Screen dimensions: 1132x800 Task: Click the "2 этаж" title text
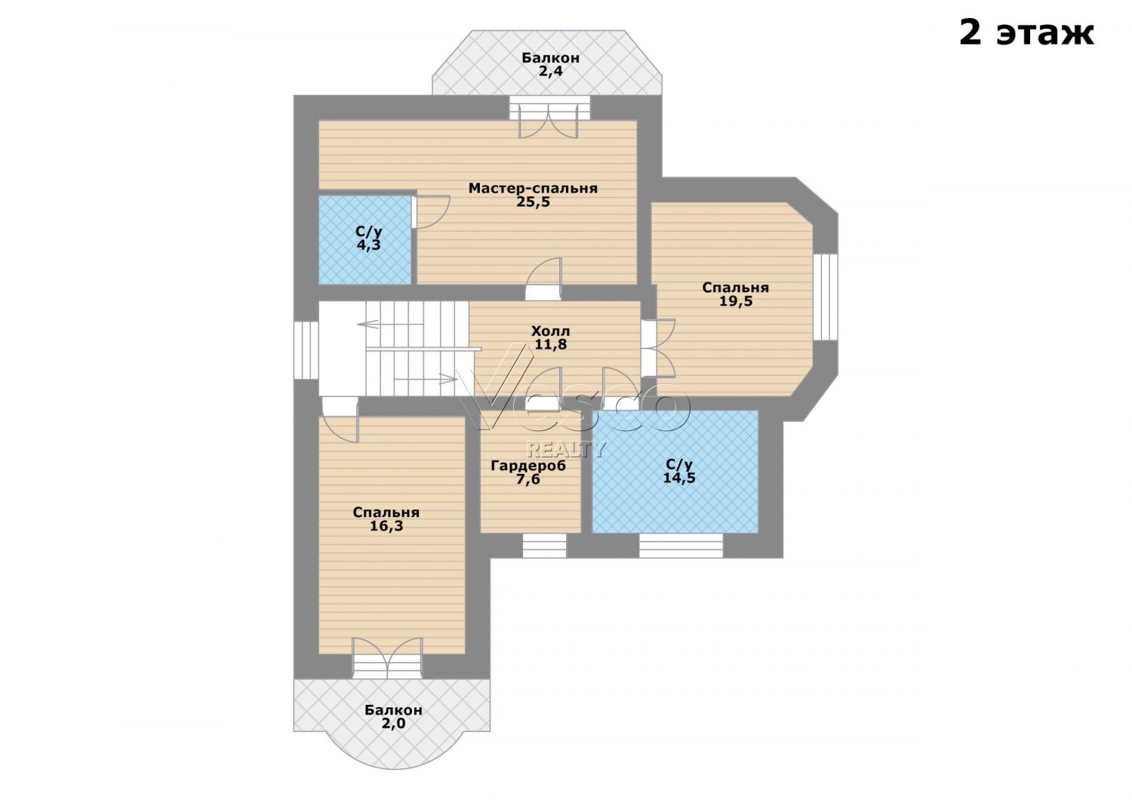pyautogui.click(x=1026, y=34)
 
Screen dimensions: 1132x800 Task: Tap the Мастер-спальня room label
pyautogui.click(x=533, y=189)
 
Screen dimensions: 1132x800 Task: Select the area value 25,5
pyautogui.click(x=533, y=202)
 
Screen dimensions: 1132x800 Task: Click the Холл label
pyautogui.click(x=550, y=331)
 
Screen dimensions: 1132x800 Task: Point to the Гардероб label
pyautogui.click(x=528, y=466)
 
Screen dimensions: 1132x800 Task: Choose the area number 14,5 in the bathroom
pyautogui.click(x=679, y=478)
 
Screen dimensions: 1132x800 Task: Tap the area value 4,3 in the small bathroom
pyautogui.click(x=368, y=245)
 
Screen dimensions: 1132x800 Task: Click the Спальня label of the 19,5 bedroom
pyautogui.click(x=735, y=288)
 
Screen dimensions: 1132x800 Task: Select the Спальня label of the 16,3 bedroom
pyautogui.click(x=386, y=512)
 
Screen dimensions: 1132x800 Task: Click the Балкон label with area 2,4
pyautogui.click(x=550, y=58)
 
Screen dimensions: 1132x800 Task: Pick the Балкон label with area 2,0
pyautogui.click(x=393, y=710)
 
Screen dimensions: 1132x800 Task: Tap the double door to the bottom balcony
pyautogui.click(x=387, y=657)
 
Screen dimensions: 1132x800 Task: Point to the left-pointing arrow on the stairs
pyautogui.click(x=368, y=324)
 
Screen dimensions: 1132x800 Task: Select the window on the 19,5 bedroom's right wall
pyautogui.click(x=826, y=297)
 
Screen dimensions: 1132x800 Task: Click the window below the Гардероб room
pyautogui.click(x=544, y=546)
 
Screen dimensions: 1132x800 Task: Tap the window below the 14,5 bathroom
pyautogui.click(x=681, y=546)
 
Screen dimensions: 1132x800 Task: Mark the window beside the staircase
pyautogui.click(x=306, y=349)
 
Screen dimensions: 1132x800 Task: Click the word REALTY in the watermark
pyautogui.click(x=566, y=449)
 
